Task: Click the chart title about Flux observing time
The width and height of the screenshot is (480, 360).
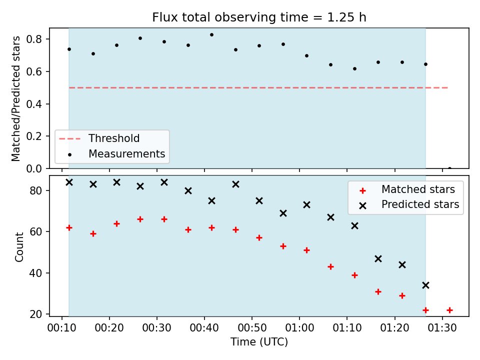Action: (259, 17)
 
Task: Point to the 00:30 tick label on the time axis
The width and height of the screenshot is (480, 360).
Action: (156, 328)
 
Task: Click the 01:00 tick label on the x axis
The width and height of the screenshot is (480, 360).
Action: (299, 328)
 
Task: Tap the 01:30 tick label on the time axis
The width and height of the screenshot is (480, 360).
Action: (442, 328)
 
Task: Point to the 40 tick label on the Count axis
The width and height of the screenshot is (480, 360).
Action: (35, 273)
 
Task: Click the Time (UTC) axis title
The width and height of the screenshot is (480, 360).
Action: (259, 342)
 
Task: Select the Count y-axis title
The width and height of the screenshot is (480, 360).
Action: (19, 247)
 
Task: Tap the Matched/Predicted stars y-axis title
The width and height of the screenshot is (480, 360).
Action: (16, 98)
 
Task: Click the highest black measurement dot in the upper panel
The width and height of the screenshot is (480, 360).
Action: (211, 35)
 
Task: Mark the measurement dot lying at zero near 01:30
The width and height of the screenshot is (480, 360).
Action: (449, 168)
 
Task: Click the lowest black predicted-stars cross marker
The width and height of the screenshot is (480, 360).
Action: (425, 285)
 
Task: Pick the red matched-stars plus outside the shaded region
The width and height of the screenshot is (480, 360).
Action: (449, 310)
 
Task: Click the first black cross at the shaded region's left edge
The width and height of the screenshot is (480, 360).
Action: (69, 182)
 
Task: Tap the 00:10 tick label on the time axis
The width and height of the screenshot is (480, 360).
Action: (62, 328)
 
